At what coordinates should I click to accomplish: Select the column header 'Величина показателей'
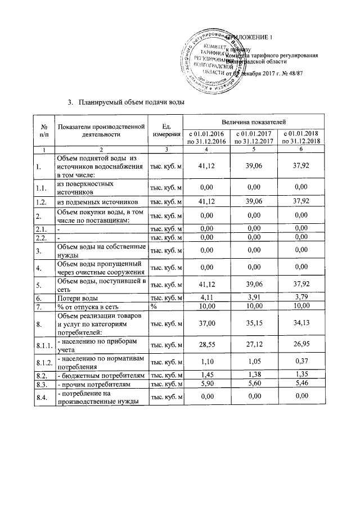pyautogui.click(x=254, y=121)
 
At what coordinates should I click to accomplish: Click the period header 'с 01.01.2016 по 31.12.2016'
pyautogui.click(x=206, y=137)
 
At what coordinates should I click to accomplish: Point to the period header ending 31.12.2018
pyautogui.click(x=302, y=137)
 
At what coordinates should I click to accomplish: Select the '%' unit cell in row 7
pyautogui.click(x=153, y=307)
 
